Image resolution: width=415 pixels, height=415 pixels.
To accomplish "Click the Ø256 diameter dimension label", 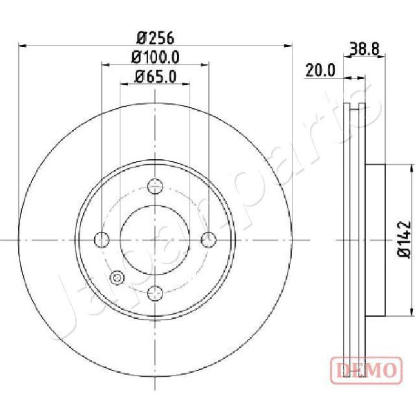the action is point(156,38).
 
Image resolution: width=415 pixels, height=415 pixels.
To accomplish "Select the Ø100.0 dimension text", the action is point(156,57).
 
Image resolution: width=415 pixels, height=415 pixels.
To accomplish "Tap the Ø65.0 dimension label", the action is point(156,77).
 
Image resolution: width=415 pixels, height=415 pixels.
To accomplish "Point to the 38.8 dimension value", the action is point(365,49).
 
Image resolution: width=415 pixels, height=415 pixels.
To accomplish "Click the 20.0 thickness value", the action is point(320,71).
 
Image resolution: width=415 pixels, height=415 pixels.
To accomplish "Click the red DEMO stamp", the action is point(367,370).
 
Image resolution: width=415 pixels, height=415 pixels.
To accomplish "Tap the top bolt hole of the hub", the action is point(155,186).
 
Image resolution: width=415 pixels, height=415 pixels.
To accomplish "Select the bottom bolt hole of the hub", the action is point(155,293).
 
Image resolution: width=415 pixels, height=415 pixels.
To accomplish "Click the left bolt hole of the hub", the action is point(102,240).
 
